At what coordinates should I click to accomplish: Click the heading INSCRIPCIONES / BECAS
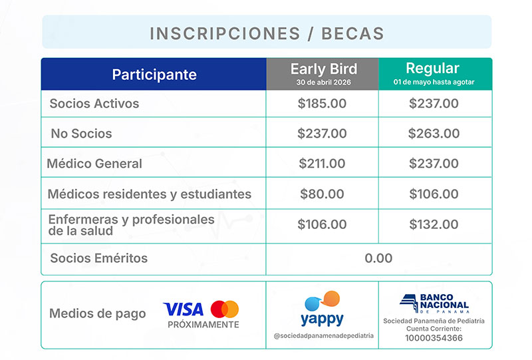(x=267, y=33)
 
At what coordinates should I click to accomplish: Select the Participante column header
(x=154, y=74)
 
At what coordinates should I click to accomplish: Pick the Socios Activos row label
(x=94, y=104)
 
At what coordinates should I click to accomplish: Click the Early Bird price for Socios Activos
(x=322, y=104)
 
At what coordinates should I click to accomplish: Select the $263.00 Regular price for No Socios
(x=434, y=133)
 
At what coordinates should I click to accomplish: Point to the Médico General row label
(x=94, y=163)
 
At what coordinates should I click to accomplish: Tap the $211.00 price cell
(x=322, y=163)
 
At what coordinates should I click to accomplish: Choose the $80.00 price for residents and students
(x=322, y=194)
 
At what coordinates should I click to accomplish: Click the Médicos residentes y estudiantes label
(x=150, y=194)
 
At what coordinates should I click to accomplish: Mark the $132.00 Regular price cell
(x=434, y=225)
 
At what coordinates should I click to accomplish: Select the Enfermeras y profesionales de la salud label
(x=131, y=225)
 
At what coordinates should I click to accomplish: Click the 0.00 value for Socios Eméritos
(x=378, y=258)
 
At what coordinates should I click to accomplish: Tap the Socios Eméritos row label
(x=99, y=258)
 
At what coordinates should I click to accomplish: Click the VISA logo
(x=184, y=309)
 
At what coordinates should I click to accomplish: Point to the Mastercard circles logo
(x=225, y=309)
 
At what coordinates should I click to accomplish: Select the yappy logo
(x=323, y=309)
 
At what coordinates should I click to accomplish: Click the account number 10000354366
(x=434, y=338)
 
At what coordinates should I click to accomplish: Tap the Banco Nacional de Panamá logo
(x=434, y=303)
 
